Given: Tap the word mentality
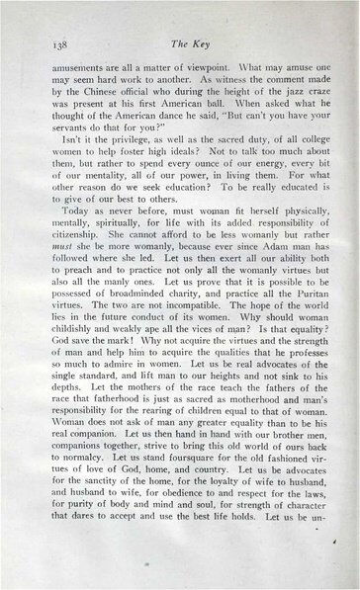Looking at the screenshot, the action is pos(102,188).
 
